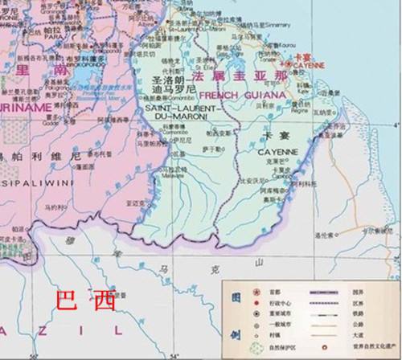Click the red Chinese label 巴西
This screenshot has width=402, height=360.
[x=84, y=303]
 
